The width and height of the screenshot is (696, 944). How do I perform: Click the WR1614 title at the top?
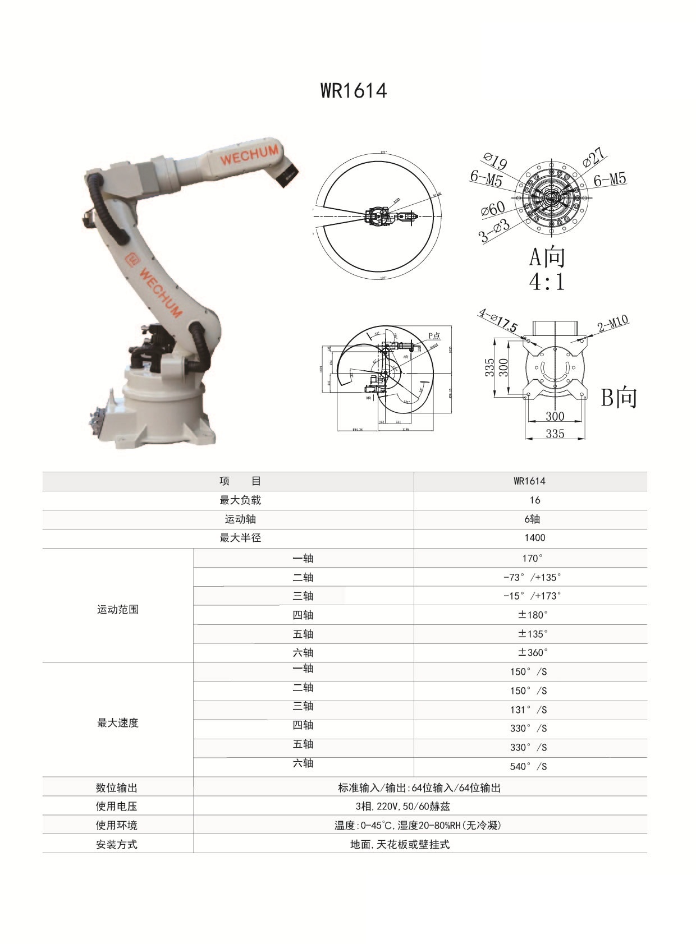coord(354,90)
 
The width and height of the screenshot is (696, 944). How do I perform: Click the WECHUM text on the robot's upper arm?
coord(249,155)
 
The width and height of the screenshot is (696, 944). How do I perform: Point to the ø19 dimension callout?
coord(495,161)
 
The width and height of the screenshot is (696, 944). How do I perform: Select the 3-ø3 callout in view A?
coord(494,231)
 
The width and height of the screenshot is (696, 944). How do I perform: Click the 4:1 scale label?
coord(547,281)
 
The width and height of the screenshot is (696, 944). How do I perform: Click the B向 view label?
coord(619,397)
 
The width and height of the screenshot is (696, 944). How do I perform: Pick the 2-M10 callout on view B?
coord(612,324)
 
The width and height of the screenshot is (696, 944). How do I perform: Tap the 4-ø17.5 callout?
coord(498,320)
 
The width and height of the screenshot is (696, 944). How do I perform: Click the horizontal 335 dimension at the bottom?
coord(555,434)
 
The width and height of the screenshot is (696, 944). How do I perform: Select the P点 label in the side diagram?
coord(434,336)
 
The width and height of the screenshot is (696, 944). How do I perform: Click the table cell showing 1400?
coord(534,538)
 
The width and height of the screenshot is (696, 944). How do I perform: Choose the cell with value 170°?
coord(532,558)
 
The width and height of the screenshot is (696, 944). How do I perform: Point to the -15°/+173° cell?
coord(532,596)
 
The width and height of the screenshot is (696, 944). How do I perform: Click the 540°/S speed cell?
coord(528,766)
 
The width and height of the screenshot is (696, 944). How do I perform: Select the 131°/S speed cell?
coord(528,710)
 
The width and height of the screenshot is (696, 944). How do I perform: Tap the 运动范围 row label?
coord(117,610)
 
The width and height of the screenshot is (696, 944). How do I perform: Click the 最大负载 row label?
coord(240,500)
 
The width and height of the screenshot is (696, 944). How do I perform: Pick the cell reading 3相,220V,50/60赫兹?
coord(402,807)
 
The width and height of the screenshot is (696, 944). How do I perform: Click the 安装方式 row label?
coord(116,845)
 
